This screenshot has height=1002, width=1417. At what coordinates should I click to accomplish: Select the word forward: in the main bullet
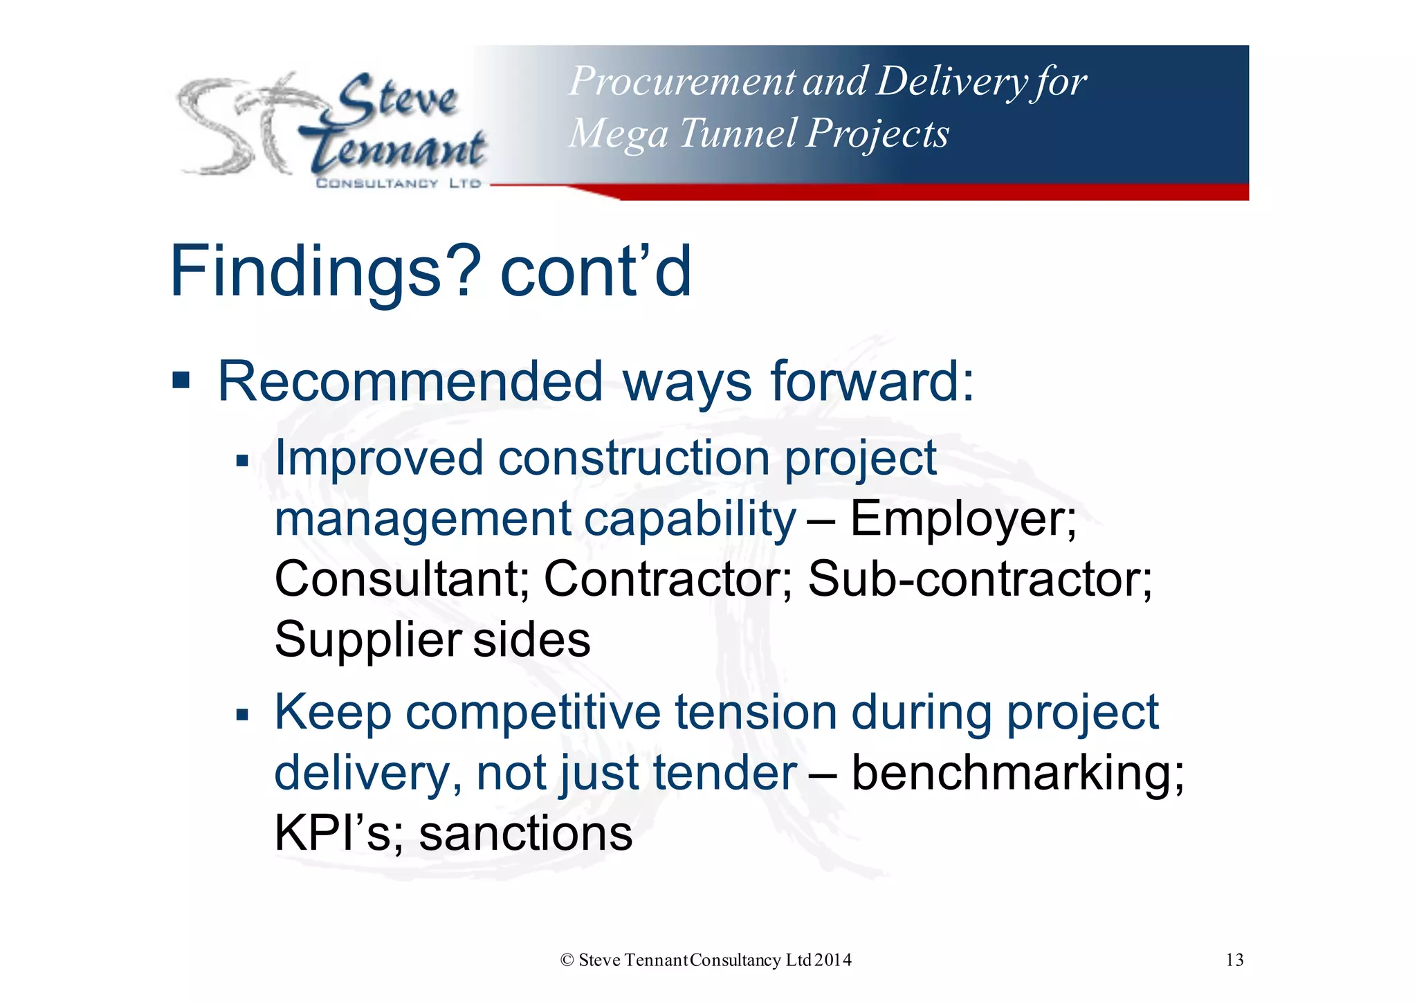click(872, 381)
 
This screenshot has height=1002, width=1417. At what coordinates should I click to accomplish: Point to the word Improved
click(378, 458)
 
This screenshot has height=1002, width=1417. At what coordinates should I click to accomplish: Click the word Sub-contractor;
click(980, 579)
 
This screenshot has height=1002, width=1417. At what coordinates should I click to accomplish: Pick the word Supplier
click(367, 640)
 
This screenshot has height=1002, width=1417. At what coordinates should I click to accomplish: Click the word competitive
click(533, 713)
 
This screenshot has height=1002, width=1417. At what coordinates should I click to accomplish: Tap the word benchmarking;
click(1017, 773)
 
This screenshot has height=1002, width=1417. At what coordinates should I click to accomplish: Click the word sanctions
click(526, 834)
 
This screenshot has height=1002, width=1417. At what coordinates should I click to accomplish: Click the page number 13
click(1234, 960)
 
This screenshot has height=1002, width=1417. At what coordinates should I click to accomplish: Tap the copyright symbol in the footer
click(567, 960)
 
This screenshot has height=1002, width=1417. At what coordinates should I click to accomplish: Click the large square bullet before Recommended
click(181, 380)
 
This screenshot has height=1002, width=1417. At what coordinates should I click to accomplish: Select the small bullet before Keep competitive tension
click(241, 714)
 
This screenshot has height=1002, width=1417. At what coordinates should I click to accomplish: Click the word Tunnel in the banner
click(738, 133)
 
